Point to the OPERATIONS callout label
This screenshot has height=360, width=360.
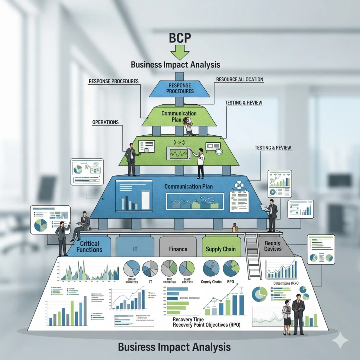[x=105, y=122]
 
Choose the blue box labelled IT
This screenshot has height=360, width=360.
[x=135, y=249]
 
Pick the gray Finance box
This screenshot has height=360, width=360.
[x=178, y=249]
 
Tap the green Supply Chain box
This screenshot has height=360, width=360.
[x=221, y=249]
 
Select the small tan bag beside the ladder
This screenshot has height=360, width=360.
[x=235, y=228]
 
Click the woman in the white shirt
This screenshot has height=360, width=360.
[x=199, y=162]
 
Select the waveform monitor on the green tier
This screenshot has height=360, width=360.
[x=178, y=153]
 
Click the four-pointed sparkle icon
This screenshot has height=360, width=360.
[x=340, y=340]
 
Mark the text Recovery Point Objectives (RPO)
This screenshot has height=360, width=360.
[x=206, y=325]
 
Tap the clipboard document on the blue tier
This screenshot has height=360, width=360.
[x=239, y=201]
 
